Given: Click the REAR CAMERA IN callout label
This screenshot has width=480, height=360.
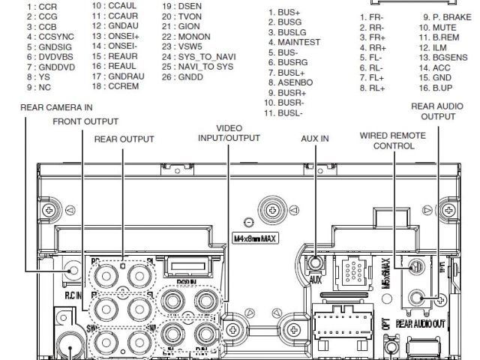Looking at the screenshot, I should [x=56, y=108].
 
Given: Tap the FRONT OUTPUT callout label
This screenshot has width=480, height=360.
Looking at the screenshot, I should [x=85, y=121].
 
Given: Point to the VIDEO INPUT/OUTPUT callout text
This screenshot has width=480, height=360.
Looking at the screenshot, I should [x=229, y=133].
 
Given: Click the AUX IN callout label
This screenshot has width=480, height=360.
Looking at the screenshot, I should [x=315, y=139].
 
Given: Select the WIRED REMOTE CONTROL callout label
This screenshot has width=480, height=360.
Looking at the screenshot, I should [x=393, y=140].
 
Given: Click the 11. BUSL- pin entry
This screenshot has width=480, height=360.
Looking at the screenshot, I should [x=289, y=113].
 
